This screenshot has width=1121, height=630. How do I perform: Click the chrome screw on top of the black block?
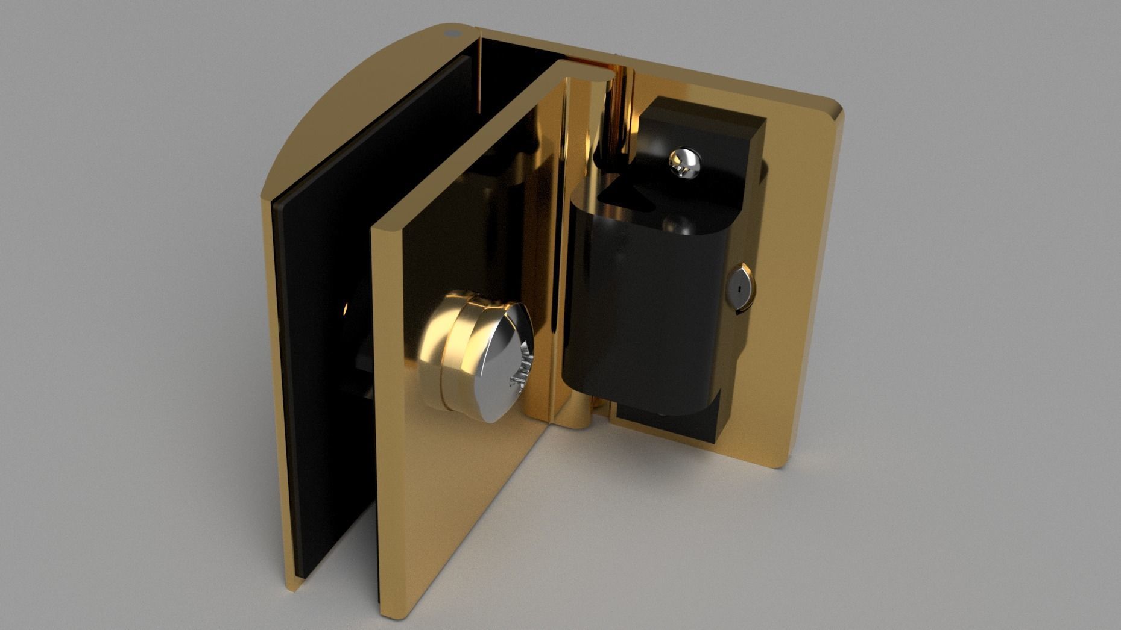(x=684, y=161)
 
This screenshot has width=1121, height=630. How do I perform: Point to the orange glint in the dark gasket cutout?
(x=346, y=310)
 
